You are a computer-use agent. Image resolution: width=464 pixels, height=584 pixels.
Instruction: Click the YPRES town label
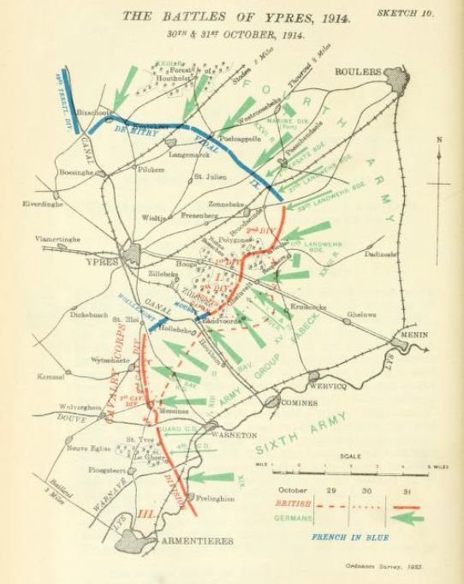coord(101,263)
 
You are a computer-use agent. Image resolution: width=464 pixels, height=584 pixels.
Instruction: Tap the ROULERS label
coord(358,72)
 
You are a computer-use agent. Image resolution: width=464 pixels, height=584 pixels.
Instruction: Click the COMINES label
coord(297,401)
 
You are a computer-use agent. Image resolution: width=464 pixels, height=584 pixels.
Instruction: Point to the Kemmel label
coord(51,378)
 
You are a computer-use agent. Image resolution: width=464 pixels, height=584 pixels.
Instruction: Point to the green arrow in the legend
coord(410,517)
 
